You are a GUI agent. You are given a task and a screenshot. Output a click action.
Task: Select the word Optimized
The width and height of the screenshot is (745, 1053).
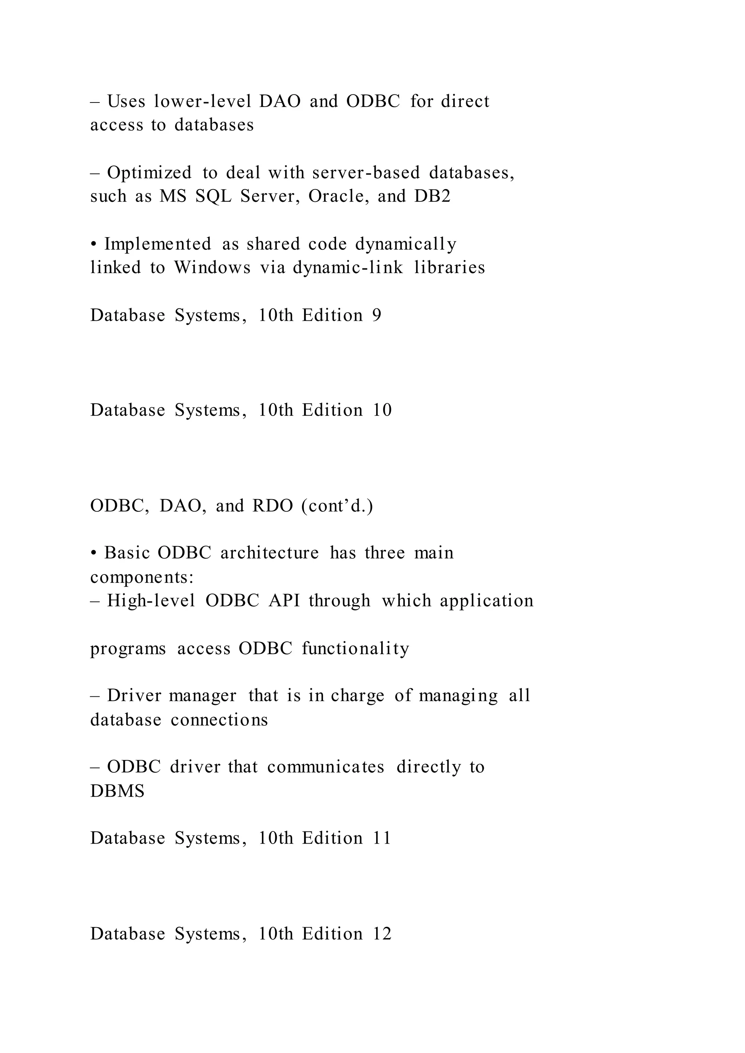click(x=149, y=173)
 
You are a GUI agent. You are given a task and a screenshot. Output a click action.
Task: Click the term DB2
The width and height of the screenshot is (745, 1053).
click(x=432, y=196)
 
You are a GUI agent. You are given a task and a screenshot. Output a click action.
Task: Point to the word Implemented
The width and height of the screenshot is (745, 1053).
click(x=158, y=244)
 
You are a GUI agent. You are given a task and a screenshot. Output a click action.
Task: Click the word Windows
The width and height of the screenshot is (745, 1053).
click(x=212, y=267)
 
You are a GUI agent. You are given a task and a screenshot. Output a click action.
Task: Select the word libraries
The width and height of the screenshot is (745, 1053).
click(x=450, y=267)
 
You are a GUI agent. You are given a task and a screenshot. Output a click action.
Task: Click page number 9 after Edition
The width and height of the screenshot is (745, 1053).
click(x=377, y=316)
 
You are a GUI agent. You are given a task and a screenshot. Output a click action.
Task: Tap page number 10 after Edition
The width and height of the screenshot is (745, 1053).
click(x=382, y=410)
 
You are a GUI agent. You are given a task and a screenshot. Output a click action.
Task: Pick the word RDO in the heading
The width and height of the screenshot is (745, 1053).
click(x=272, y=506)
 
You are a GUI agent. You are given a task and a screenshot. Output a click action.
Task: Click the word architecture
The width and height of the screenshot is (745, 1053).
click(x=269, y=553)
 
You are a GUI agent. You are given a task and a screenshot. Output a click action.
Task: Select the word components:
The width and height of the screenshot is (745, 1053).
click(x=142, y=577)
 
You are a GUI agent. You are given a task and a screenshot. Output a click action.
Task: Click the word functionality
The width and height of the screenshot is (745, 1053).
click(x=355, y=649)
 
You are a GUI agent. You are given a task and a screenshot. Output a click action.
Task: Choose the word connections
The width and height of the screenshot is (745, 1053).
click(x=219, y=720)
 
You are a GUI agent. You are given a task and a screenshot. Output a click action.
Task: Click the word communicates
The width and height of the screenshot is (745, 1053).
click(x=326, y=767)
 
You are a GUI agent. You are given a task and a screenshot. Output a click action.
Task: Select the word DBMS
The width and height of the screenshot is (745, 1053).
click(x=117, y=791)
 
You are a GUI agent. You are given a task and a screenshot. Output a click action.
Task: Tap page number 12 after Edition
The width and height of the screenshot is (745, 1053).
click(x=382, y=934)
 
